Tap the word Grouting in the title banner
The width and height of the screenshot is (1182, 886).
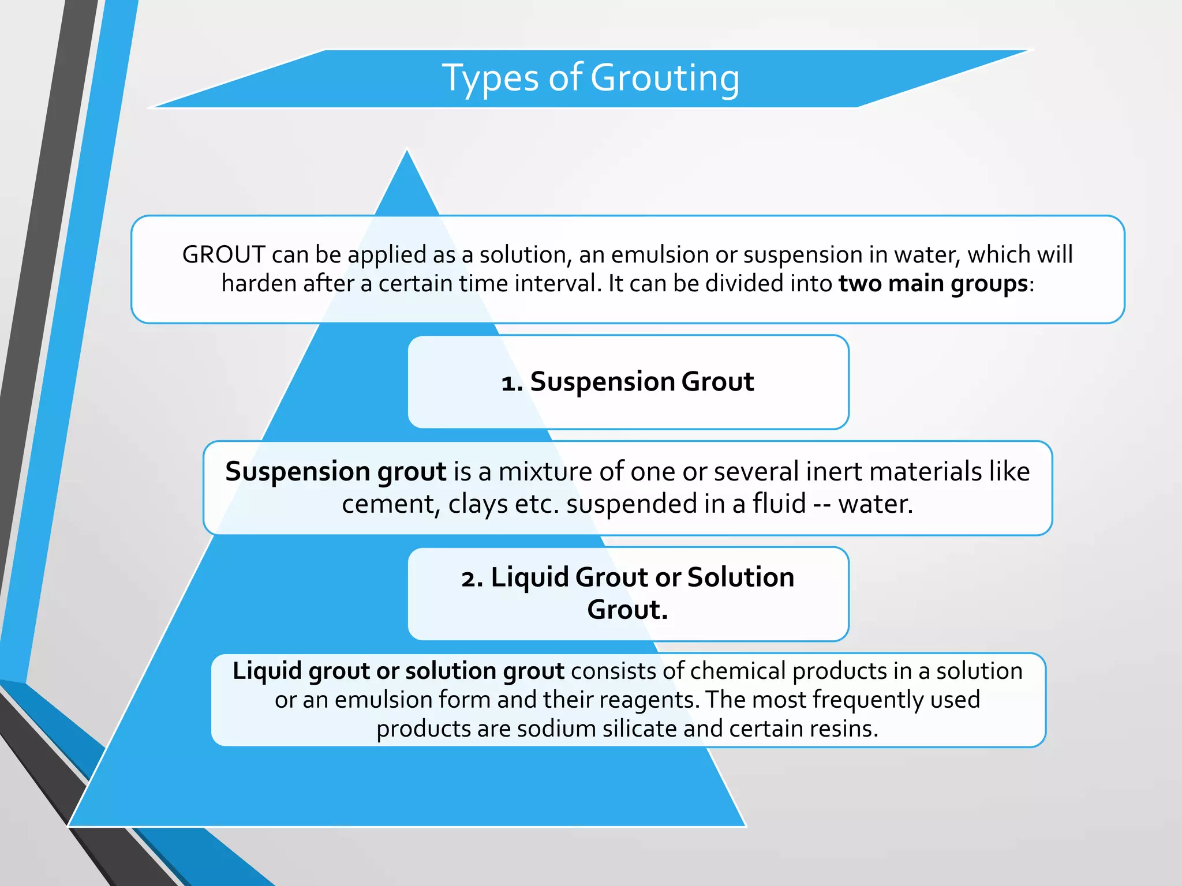tap(664, 78)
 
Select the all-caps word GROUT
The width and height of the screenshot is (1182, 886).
tap(223, 254)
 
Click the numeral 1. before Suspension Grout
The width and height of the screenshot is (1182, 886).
tap(512, 382)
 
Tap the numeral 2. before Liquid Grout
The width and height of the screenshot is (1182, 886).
tap(472, 578)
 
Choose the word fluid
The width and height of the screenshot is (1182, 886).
tap(779, 504)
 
